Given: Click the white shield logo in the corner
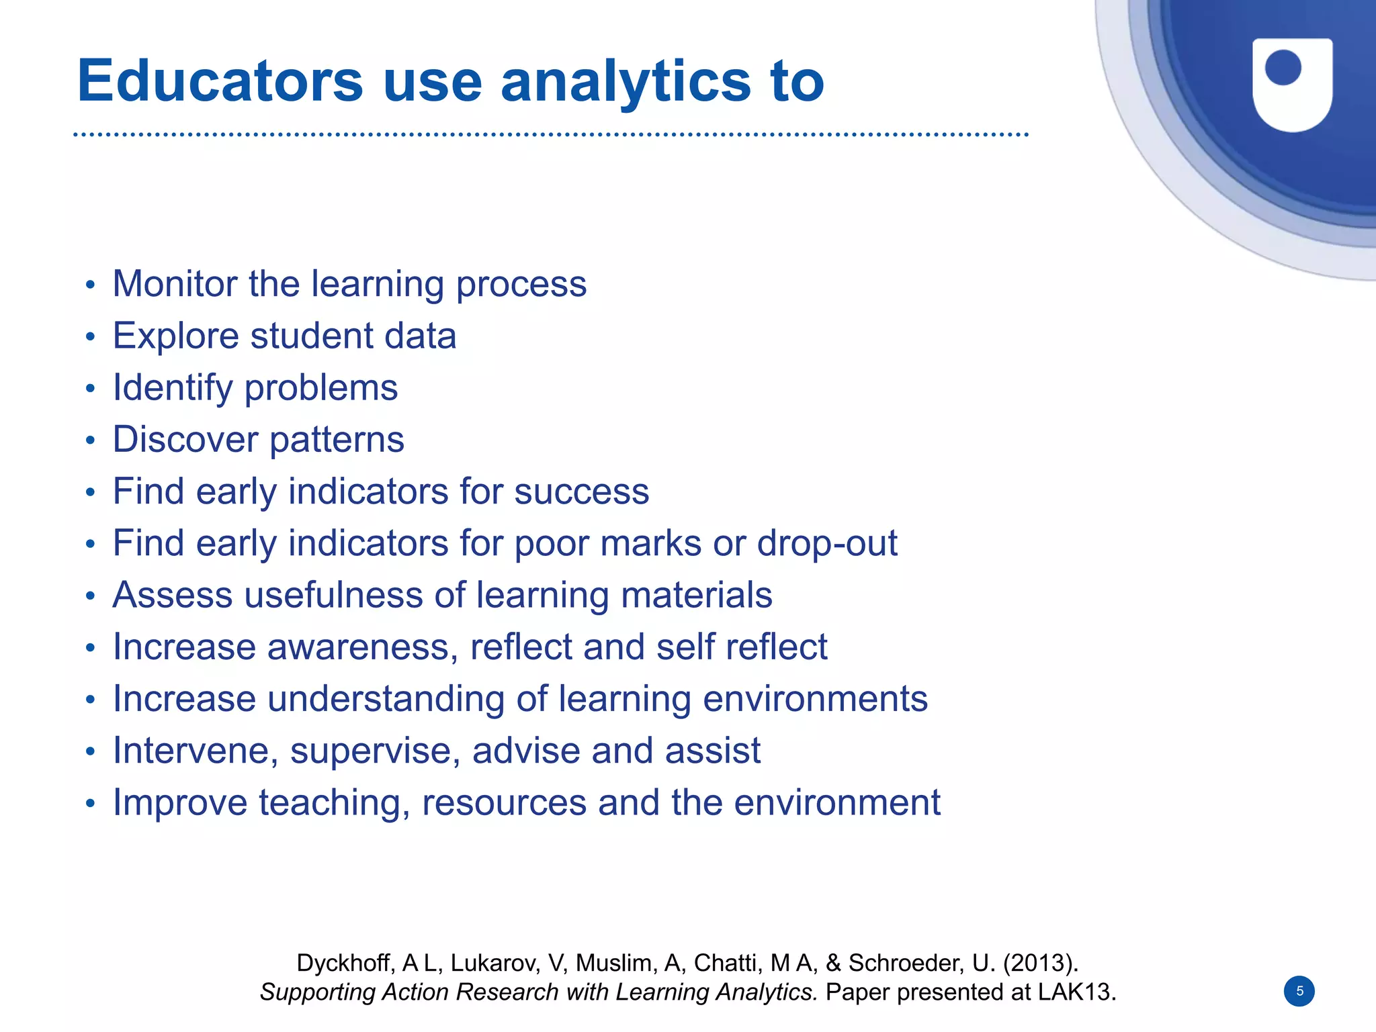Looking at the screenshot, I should tap(1292, 84).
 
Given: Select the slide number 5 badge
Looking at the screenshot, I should tap(1299, 991).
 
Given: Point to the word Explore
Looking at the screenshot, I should tap(175, 336).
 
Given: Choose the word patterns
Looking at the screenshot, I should tap(337, 440).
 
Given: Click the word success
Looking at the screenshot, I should tap(581, 491).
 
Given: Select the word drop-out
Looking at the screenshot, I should tap(827, 543).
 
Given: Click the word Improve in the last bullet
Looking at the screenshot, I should tap(180, 802).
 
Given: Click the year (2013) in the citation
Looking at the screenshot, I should tap(1040, 963).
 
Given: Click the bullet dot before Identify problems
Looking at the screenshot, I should tap(91, 389).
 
